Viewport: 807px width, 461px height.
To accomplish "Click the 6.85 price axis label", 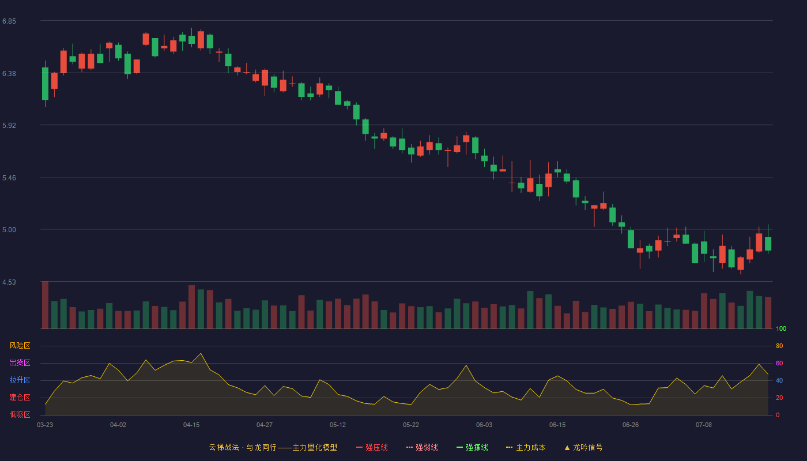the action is click(9, 21).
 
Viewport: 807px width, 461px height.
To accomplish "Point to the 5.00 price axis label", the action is click(9, 230).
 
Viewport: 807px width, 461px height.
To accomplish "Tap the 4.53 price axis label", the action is click(9, 282).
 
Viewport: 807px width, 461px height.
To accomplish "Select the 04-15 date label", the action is click(191, 425).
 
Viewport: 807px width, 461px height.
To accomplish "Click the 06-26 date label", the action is click(631, 425).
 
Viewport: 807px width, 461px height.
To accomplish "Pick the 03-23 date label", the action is click(45, 425).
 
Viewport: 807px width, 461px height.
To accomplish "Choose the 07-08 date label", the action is click(704, 425).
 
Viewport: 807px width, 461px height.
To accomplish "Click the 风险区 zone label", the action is click(20, 346).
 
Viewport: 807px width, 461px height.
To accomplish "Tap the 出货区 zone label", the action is click(20, 362).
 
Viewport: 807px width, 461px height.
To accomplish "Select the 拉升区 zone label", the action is click(20, 380).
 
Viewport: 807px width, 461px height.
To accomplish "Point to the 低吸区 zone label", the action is click(20, 414).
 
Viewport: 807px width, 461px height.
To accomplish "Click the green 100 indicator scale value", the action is click(781, 328).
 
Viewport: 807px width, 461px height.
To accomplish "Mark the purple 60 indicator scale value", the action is click(779, 363).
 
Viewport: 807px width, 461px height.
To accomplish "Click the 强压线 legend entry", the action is click(372, 447).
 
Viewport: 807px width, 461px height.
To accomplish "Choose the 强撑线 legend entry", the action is click(472, 447).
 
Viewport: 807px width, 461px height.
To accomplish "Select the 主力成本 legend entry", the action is click(526, 447).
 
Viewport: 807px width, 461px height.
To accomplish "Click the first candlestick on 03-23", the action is click(45, 84).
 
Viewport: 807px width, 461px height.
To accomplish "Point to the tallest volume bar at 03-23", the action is click(45, 305).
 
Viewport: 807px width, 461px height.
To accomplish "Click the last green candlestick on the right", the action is click(768, 243).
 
